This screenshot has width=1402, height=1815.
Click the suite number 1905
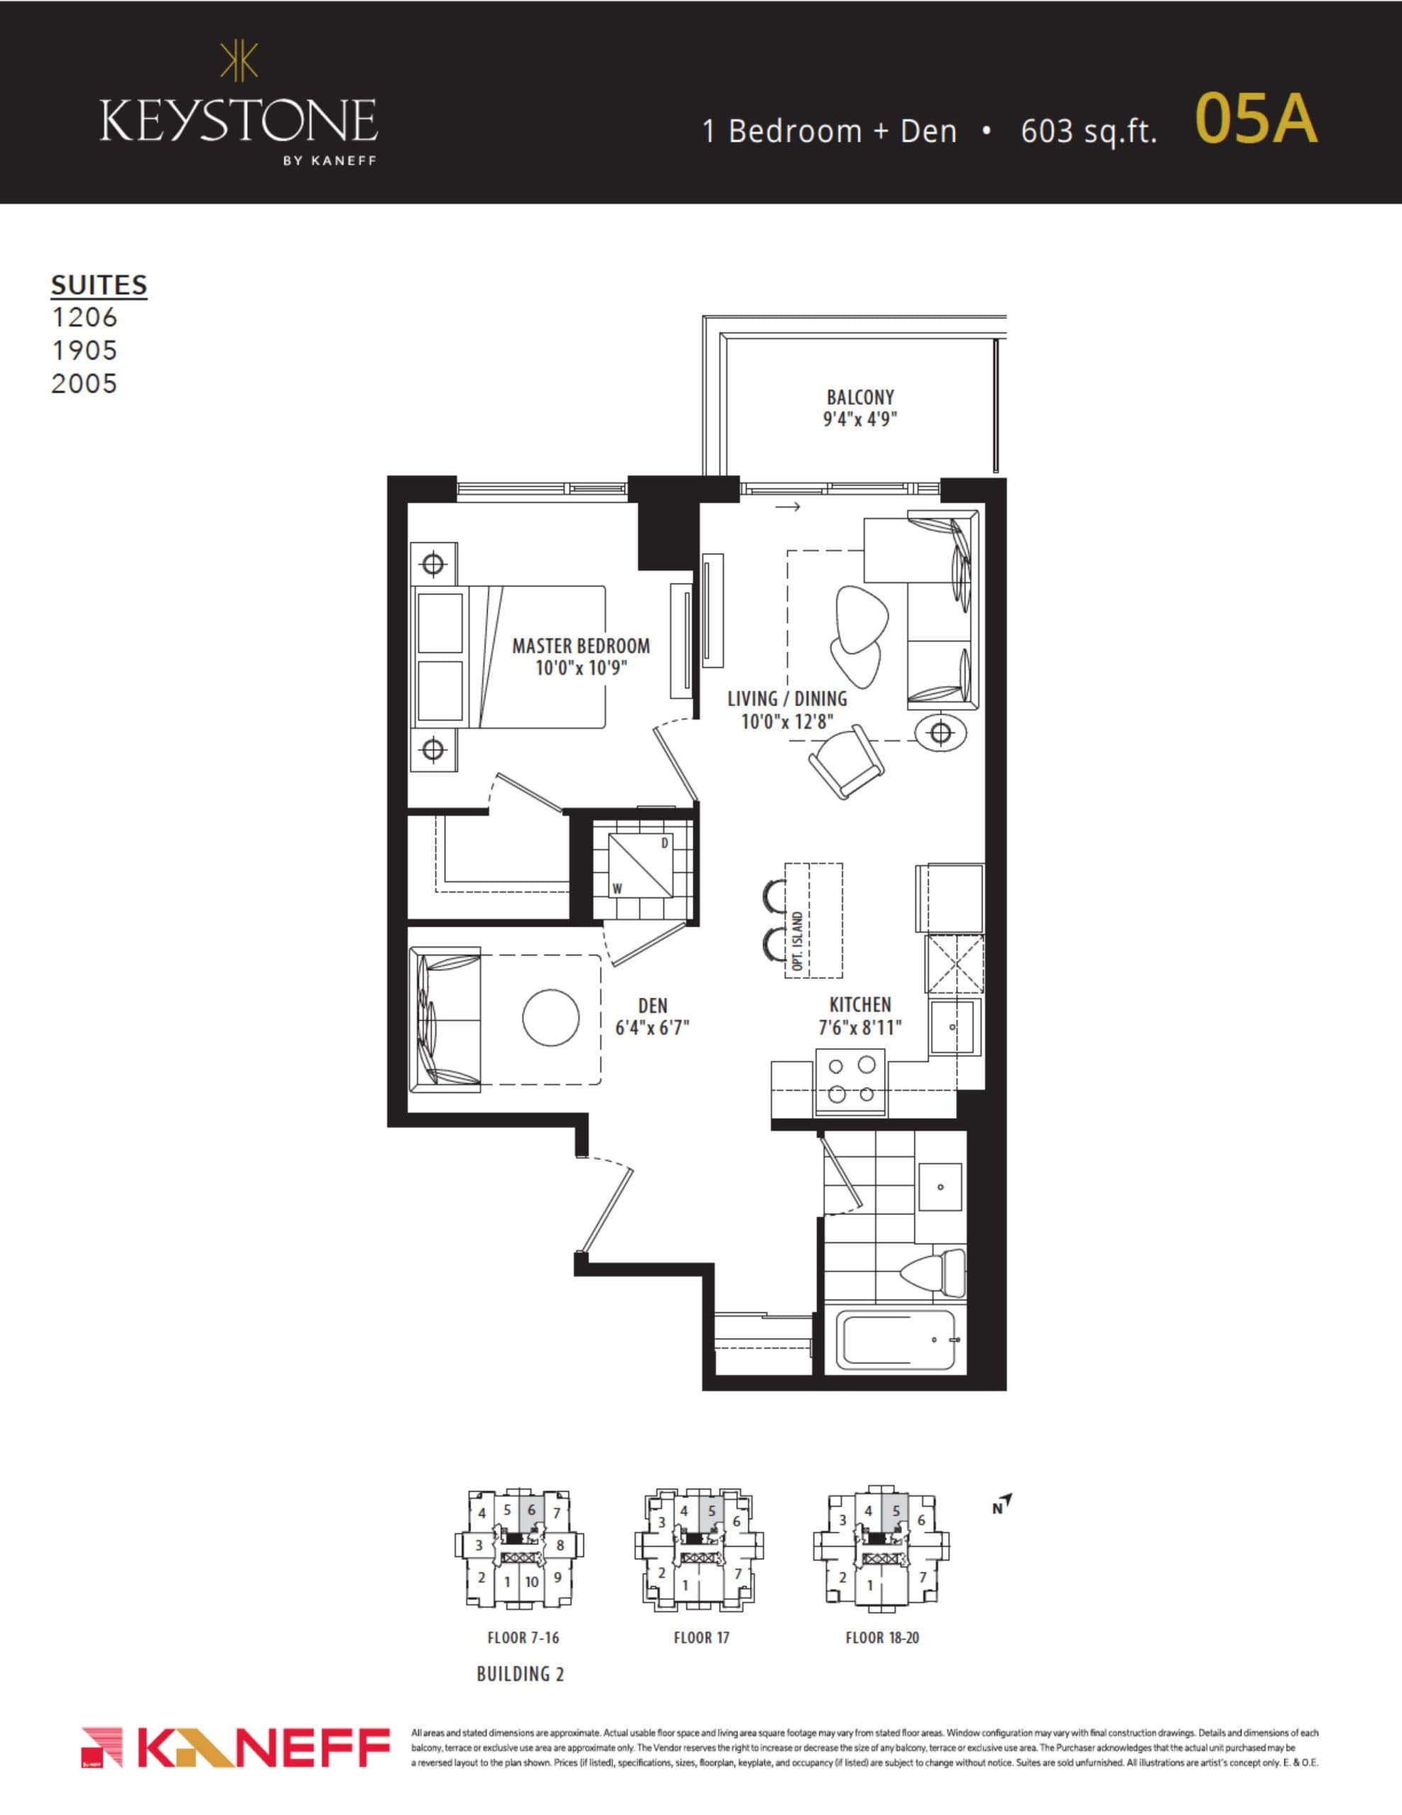[x=84, y=351]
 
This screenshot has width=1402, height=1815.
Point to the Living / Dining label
[x=786, y=699]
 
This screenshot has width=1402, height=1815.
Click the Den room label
[x=652, y=1005]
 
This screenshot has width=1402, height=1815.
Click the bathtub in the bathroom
[x=895, y=1340]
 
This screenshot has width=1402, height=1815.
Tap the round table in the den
[x=550, y=1018]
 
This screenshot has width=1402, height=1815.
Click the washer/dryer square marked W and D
[x=641, y=866]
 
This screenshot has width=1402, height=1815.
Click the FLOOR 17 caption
[x=700, y=1637]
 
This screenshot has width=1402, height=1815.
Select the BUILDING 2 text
[x=520, y=1674]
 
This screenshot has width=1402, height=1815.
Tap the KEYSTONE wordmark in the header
[x=239, y=121]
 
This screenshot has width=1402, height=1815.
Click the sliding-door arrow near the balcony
[x=787, y=506]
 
